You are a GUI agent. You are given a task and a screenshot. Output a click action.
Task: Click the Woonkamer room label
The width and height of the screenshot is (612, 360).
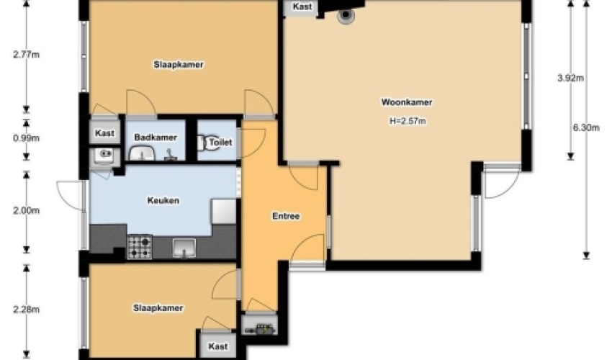(x=407, y=102)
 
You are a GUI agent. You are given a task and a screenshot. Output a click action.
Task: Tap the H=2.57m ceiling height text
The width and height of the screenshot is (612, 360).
(x=408, y=121)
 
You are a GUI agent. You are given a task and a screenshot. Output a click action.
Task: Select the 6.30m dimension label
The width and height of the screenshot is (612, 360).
(x=586, y=127)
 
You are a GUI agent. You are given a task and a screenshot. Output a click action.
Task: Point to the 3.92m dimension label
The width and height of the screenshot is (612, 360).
(x=570, y=78)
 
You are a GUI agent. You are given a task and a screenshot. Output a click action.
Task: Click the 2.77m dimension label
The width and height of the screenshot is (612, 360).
(x=26, y=55)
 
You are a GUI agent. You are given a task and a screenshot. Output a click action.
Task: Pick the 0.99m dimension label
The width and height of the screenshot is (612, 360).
(x=26, y=138)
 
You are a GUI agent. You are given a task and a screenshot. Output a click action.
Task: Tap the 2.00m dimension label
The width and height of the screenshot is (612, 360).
(x=26, y=211)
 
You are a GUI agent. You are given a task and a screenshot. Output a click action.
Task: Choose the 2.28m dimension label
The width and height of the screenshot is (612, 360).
(x=26, y=310)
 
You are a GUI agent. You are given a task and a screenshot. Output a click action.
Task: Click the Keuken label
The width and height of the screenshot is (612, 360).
(x=163, y=201)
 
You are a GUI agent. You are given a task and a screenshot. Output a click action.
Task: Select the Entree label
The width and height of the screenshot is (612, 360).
(x=286, y=216)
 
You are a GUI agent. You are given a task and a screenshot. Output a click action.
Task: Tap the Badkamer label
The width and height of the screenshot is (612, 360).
(x=156, y=138)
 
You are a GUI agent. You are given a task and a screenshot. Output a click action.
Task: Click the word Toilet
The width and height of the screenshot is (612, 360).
(x=220, y=143)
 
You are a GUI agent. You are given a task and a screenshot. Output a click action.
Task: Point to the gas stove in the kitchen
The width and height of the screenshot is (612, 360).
(x=140, y=247)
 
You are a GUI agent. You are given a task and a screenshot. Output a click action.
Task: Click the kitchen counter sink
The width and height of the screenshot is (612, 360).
(x=184, y=248)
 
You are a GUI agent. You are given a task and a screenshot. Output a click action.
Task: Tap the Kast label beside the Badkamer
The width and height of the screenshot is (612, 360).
(x=104, y=133)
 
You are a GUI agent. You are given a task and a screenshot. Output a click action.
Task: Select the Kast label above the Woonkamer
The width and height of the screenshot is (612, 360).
(x=302, y=6)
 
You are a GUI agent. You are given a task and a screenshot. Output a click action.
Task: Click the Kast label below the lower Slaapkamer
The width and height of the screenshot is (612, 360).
(x=217, y=346)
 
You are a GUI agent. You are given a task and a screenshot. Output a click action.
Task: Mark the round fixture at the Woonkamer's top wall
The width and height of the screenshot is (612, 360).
(x=346, y=16)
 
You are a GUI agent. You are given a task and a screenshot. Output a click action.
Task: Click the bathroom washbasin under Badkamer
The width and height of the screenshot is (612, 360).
(x=142, y=153)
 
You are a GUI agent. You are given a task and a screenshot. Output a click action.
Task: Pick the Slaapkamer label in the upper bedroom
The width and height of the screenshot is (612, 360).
(x=179, y=65)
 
